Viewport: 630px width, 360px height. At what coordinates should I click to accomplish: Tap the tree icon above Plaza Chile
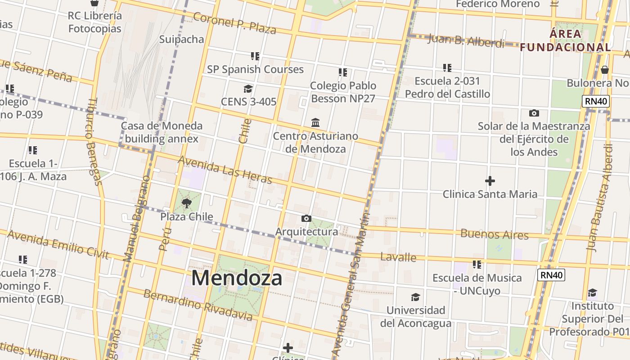point(187,204)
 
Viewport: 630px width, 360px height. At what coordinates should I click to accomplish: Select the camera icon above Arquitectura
point(306,219)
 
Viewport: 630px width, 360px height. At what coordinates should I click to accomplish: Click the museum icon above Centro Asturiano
point(315,122)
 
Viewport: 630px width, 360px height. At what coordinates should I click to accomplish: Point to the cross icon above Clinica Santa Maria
point(490,181)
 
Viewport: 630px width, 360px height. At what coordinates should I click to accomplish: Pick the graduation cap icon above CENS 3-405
point(248,89)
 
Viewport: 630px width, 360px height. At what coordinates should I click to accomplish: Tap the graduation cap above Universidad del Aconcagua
point(415,297)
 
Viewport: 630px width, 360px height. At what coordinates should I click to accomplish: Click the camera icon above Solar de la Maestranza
point(534,113)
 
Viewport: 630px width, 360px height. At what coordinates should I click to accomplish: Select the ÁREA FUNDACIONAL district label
point(566,40)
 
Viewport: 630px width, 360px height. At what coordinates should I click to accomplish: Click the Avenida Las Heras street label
point(225,170)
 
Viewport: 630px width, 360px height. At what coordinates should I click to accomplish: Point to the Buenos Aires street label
point(494,234)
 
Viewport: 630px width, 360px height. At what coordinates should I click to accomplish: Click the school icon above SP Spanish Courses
point(255,56)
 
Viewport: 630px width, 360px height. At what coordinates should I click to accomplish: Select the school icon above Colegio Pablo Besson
point(343,72)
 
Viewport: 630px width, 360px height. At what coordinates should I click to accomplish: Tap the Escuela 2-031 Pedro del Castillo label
point(447,87)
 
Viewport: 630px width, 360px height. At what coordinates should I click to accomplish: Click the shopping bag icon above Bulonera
point(605,70)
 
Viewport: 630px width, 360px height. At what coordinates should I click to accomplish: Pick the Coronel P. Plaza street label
point(234,23)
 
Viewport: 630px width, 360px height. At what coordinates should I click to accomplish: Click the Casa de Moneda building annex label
point(162,132)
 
